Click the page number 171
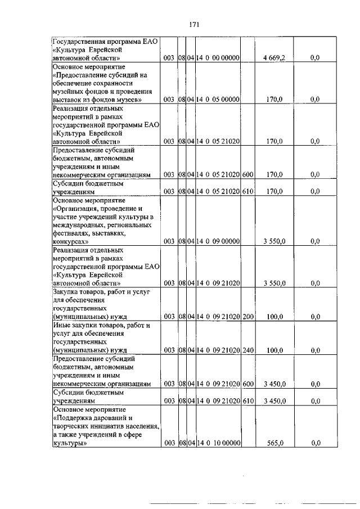[195, 24]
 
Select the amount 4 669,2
[274, 57]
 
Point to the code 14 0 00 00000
[218, 57]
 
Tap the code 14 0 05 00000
[218, 100]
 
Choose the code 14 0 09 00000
[218, 241]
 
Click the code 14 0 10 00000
[218, 443]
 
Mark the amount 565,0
[274, 443]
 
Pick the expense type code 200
[248, 317]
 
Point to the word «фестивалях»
[74, 232]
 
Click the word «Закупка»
[67, 291]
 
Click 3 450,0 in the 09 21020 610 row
[274, 401]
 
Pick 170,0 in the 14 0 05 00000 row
[274, 100]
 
